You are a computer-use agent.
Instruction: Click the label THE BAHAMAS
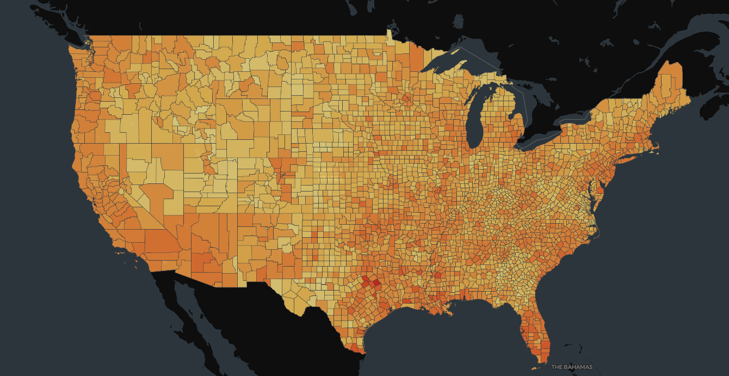[x=572, y=367]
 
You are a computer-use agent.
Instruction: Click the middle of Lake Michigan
[x=475, y=117]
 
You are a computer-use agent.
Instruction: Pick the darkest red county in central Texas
[x=376, y=283]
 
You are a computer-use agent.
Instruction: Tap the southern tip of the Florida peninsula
[x=541, y=359]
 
